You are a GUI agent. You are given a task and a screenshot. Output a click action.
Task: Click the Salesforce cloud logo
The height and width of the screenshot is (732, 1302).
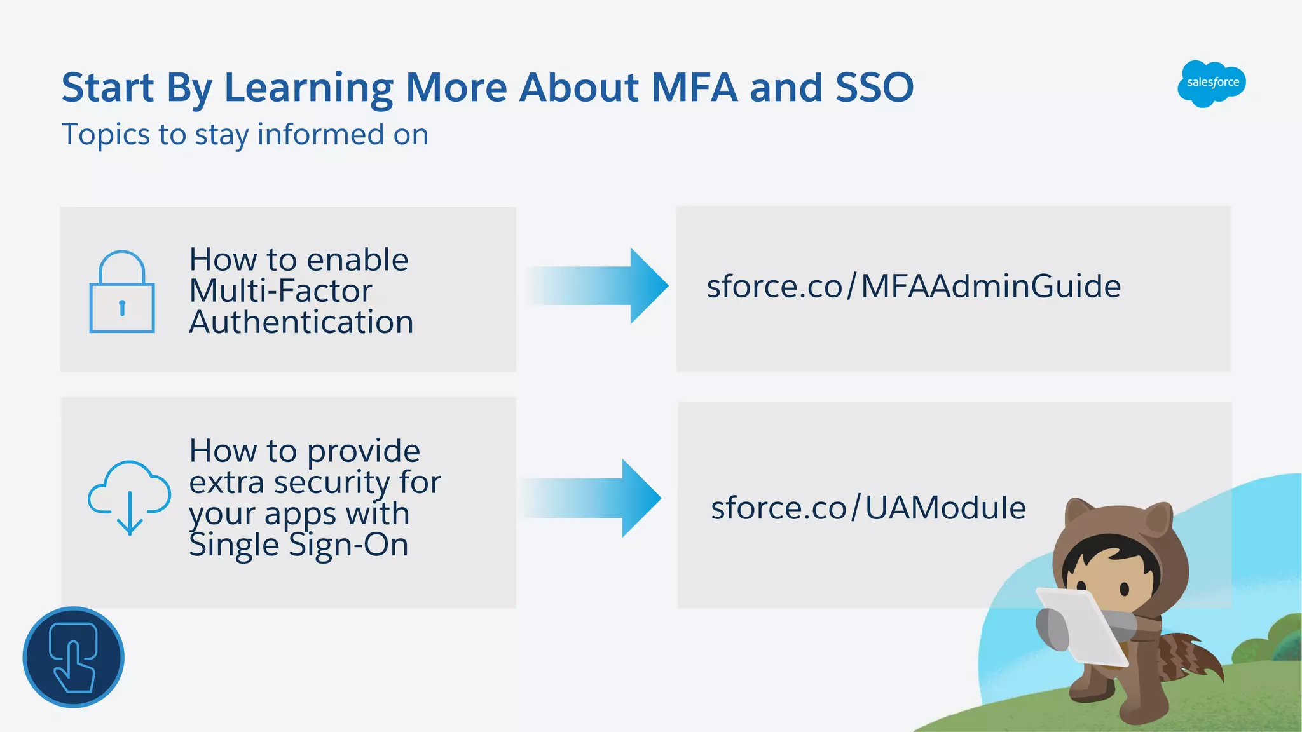(x=1211, y=83)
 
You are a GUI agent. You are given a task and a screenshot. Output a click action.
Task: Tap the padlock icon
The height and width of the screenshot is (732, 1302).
(x=121, y=293)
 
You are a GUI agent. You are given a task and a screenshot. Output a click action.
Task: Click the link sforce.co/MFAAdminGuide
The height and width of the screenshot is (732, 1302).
(x=914, y=287)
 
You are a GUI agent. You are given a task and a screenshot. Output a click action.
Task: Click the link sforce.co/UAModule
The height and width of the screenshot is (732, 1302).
(x=868, y=508)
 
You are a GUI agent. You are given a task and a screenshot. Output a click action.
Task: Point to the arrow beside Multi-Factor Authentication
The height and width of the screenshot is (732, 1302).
(x=598, y=286)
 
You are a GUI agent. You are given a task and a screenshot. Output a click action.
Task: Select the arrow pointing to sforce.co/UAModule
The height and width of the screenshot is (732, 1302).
(x=591, y=498)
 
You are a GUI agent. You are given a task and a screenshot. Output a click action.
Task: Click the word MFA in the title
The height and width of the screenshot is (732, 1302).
(x=694, y=88)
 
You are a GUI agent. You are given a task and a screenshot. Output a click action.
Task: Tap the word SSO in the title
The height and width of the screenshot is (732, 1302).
(x=874, y=88)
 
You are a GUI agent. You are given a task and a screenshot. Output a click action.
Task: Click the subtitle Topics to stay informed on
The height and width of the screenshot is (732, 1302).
(x=245, y=135)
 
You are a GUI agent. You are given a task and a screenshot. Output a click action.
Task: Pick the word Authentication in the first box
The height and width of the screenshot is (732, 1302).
(x=301, y=322)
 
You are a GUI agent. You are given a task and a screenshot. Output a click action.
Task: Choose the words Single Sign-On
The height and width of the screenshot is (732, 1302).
(x=299, y=545)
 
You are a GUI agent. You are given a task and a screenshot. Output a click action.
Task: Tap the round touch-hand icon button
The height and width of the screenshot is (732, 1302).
(x=74, y=657)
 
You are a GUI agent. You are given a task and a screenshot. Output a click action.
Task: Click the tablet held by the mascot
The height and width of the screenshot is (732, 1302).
(x=1081, y=626)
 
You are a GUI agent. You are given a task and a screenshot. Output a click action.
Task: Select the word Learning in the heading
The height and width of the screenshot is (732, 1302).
(x=309, y=88)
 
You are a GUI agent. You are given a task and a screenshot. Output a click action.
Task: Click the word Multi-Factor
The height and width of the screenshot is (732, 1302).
(x=280, y=291)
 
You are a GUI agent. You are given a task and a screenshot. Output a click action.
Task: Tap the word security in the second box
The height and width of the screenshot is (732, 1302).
(x=331, y=483)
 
